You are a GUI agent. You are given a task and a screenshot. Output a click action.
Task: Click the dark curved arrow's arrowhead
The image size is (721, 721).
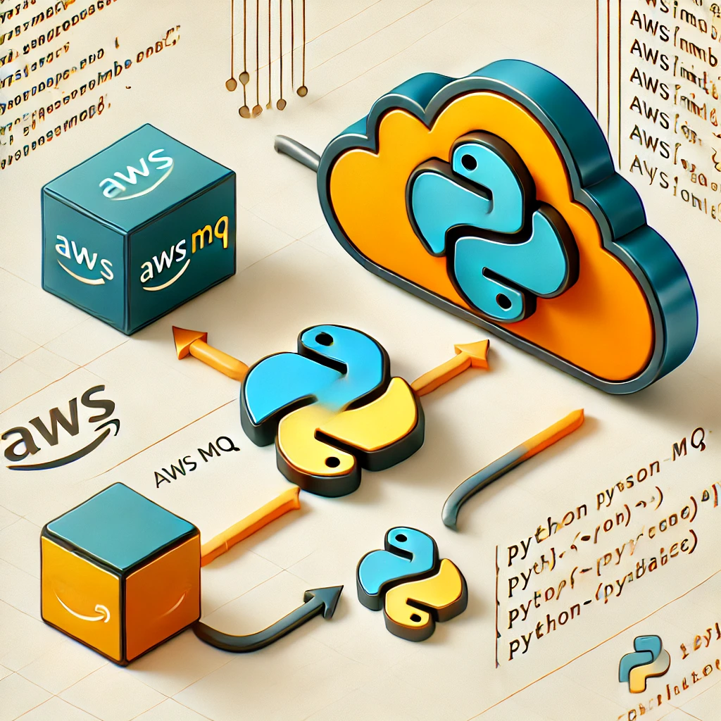click(325, 598)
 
